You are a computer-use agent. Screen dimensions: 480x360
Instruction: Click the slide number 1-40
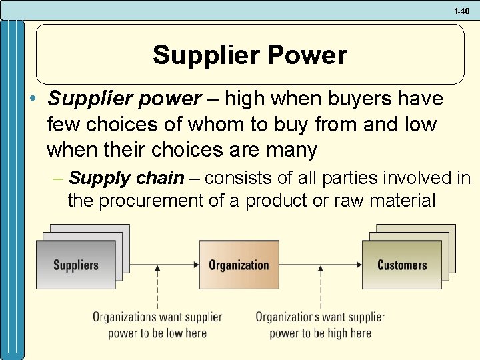pos(462,11)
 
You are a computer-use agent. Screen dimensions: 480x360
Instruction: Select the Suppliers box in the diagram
pos(75,265)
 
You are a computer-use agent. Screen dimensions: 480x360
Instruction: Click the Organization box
pos(239,265)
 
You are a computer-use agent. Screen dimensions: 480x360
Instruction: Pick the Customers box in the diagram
pos(401,265)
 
